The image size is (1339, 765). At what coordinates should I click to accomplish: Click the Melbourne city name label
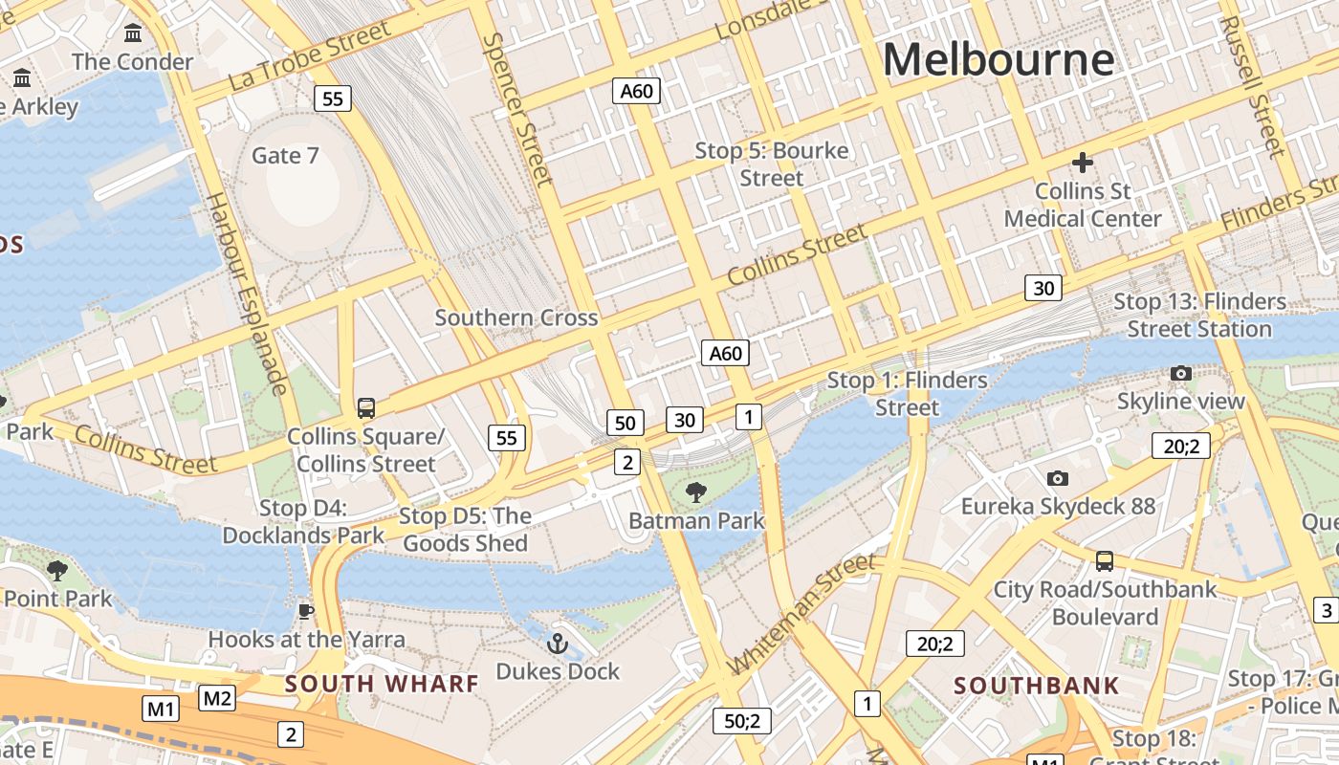[x=998, y=59]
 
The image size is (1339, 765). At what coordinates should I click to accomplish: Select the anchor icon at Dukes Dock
[x=558, y=644]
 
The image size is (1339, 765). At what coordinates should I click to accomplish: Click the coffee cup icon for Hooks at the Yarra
[x=306, y=611]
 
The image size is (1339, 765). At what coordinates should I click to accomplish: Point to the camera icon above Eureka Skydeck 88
[x=1057, y=478]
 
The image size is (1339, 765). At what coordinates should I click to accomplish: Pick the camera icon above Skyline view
[x=1181, y=373]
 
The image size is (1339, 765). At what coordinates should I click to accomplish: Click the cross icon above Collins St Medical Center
[x=1083, y=163]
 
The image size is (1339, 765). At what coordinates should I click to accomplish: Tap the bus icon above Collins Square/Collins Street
[x=365, y=408]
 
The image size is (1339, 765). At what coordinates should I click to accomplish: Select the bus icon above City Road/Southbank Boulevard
[x=1105, y=560]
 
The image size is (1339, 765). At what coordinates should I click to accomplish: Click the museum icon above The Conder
[x=133, y=33]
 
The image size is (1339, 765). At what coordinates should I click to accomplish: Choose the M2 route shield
[x=217, y=698]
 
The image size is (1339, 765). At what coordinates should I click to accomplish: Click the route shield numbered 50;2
[x=741, y=721]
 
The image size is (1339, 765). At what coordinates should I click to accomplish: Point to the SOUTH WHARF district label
[x=382, y=684]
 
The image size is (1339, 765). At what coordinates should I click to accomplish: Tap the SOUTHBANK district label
[x=1036, y=686]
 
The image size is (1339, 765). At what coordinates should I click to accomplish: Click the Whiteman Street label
[x=801, y=614]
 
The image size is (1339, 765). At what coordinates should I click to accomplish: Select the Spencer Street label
[x=517, y=109]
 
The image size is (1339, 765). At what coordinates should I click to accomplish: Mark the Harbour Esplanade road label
[x=247, y=293]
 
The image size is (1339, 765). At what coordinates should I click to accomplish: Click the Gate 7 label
[x=285, y=155]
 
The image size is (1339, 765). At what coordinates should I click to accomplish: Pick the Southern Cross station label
[x=516, y=317]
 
